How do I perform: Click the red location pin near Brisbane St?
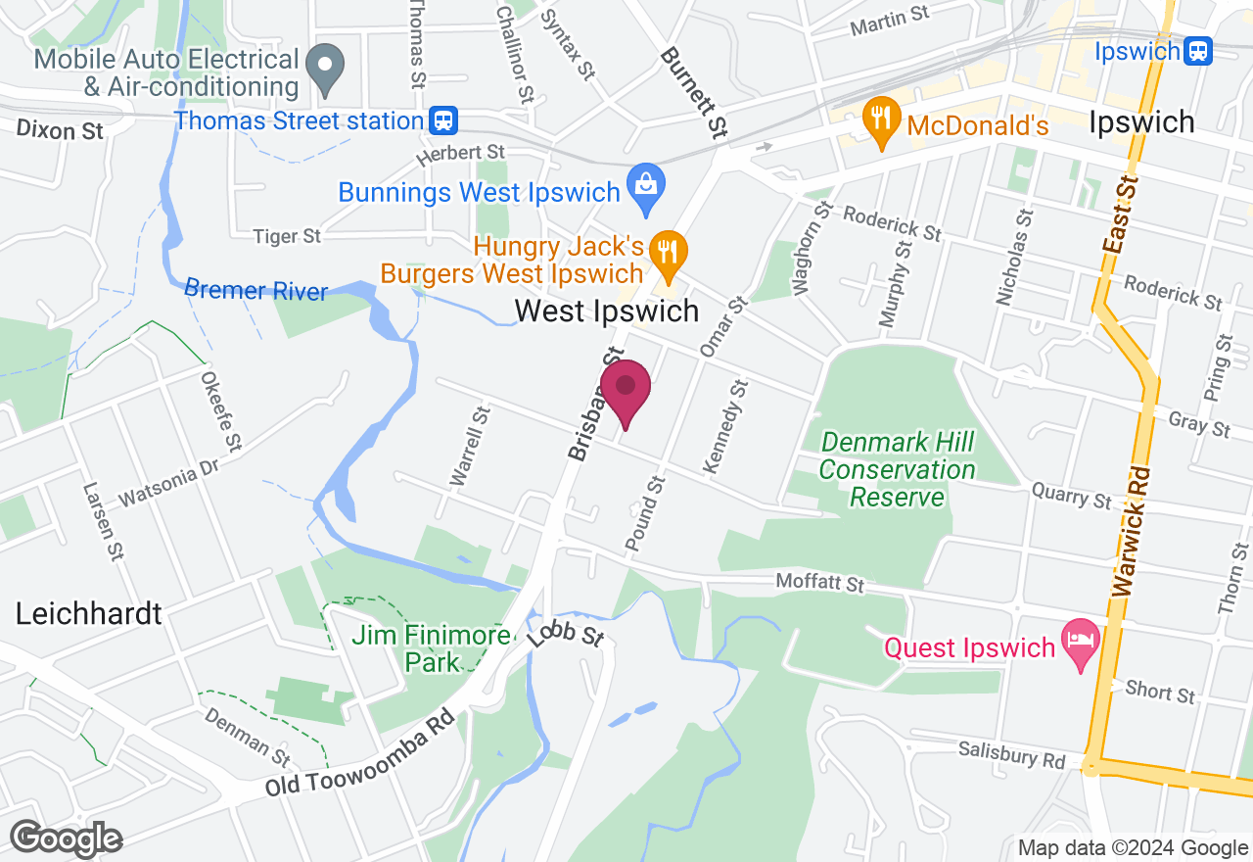click(x=626, y=390)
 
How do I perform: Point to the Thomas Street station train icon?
click(x=443, y=120)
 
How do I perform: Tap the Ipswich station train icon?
click(x=1197, y=50)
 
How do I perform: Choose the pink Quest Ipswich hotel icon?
click(x=1081, y=642)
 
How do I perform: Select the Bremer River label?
click(x=255, y=290)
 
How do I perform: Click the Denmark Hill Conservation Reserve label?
click(x=897, y=469)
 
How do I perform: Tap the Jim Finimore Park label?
click(x=431, y=648)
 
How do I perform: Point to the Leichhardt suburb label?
click(x=88, y=614)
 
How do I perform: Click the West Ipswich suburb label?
click(x=607, y=311)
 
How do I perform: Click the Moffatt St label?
click(x=820, y=583)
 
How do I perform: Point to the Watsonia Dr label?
click(x=169, y=484)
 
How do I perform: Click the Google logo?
click(x=67, y=839)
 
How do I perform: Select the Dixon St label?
click(x=60, y=129)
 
